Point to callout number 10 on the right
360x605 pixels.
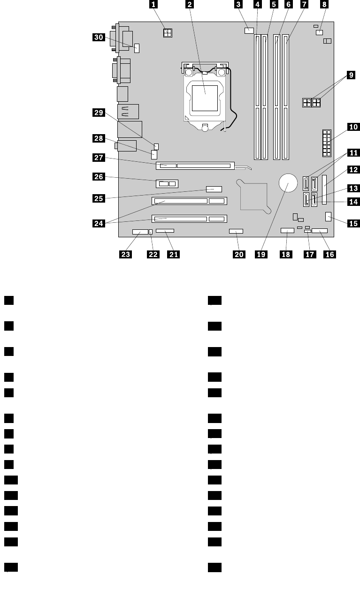click(353, 126)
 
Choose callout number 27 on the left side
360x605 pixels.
click(99, 159)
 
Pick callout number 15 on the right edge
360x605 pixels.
click(353, 223)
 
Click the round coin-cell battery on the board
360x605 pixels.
click(288, 183)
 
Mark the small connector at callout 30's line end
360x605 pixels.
click(138, 47)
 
